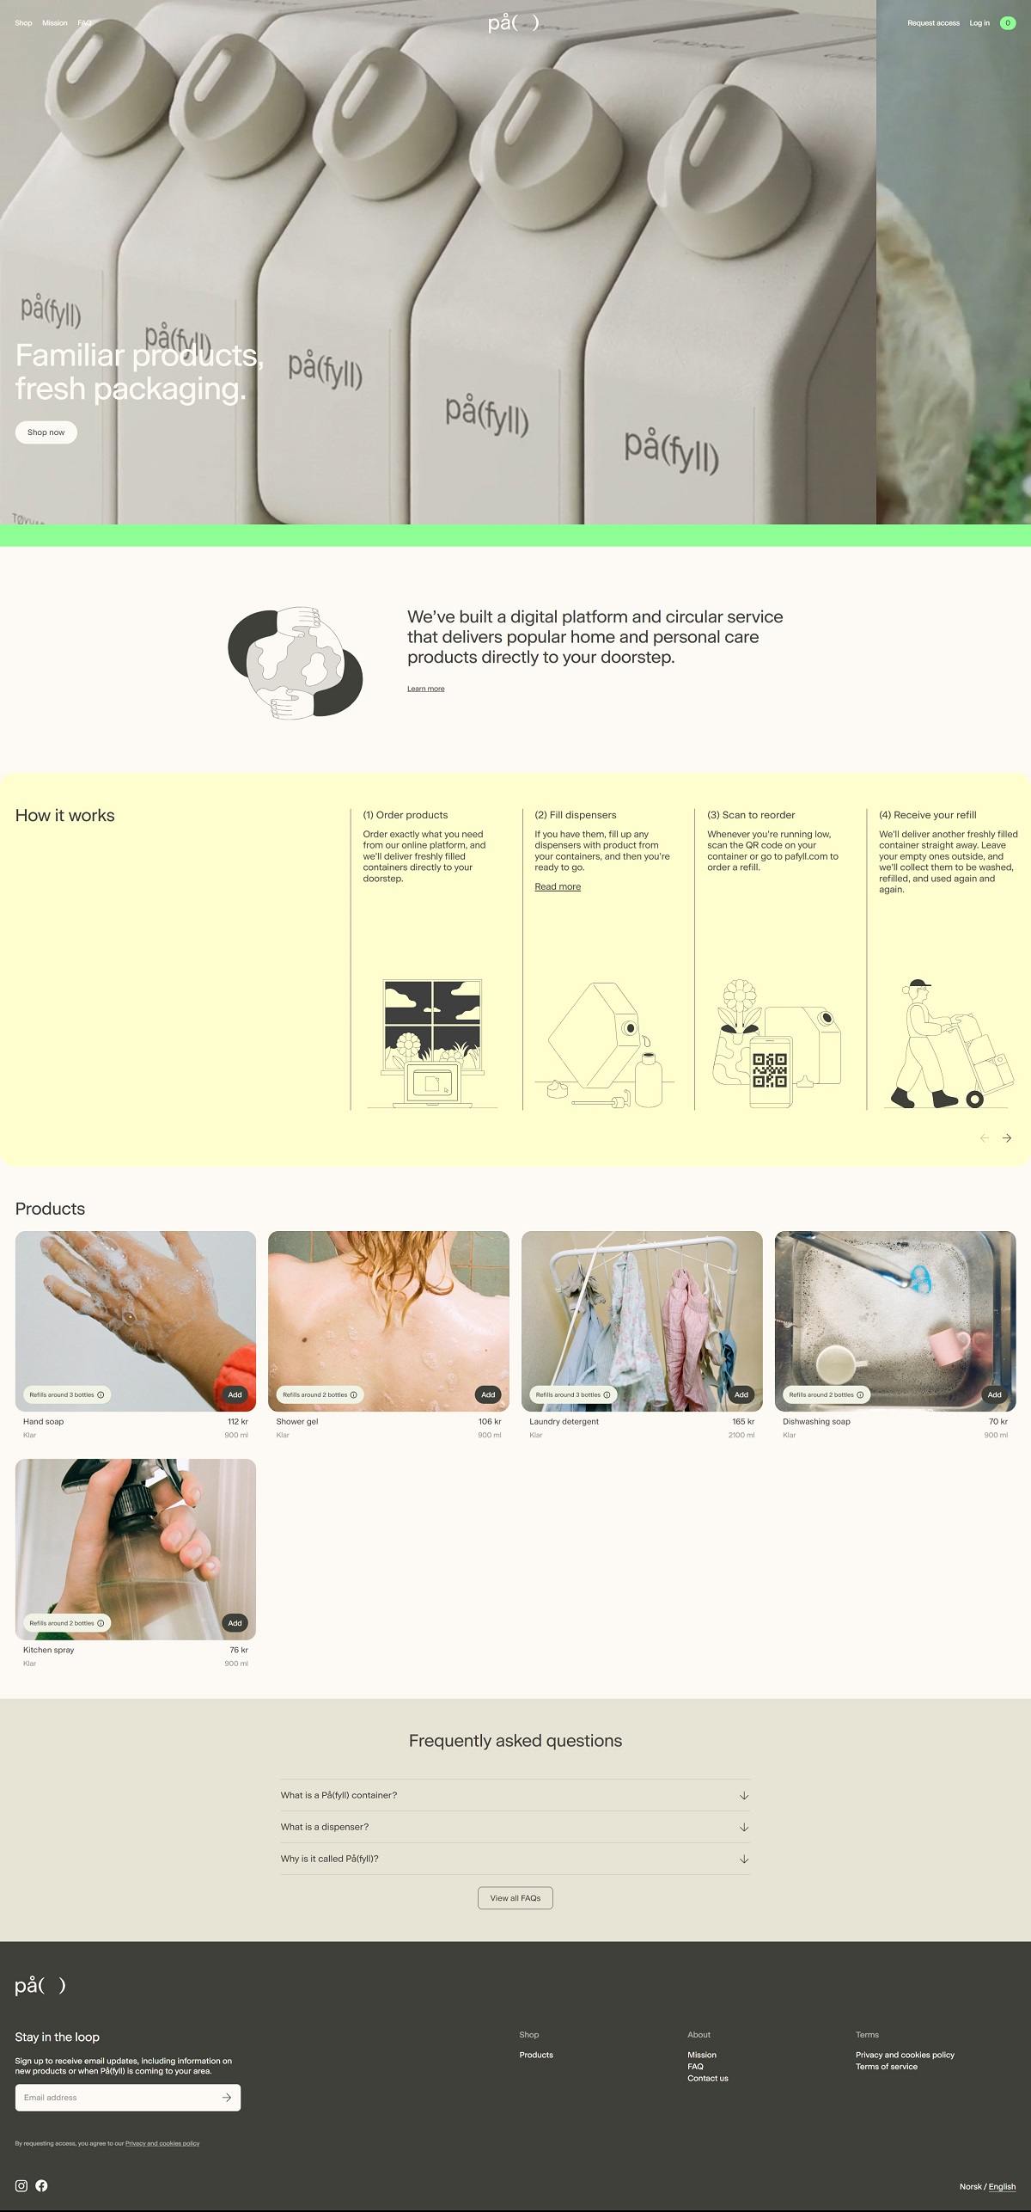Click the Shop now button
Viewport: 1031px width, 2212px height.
point(46,432)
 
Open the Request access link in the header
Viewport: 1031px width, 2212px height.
point(933,23)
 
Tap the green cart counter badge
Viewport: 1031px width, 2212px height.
point(1008,23)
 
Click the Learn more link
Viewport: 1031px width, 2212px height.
point(425,689)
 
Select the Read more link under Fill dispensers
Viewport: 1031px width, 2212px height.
point(558,886)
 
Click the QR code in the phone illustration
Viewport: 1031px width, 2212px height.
point(770,1070)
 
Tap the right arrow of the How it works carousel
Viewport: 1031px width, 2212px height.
point(1007,1138)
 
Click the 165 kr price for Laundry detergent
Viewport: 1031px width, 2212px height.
point(743,1422)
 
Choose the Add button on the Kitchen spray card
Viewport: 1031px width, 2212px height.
point(235,1623)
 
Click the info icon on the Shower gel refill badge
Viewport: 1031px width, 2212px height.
point(353,1394)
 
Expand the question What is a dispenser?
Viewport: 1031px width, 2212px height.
point(515,1827)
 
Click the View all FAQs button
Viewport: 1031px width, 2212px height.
point(515,1898)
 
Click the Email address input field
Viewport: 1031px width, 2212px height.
point(116,2098)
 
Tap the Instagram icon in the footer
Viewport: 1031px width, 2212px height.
point(21,2185)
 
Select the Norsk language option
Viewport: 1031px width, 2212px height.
point(970,2187)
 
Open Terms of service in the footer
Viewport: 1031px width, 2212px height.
point(886,2067)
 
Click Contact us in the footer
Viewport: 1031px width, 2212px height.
point(707,2079)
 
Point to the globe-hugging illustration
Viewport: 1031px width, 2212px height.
point(295,662)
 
